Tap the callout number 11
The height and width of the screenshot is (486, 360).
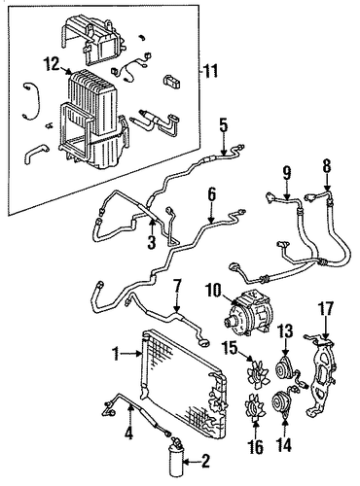[x=210, y=71]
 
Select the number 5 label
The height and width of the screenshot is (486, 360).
[x=224, y=126]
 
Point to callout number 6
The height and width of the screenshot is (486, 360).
[x=211, y=195]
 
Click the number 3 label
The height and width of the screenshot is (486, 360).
[x=152, y=242]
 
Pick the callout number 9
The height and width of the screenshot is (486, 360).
[x=286, y=174]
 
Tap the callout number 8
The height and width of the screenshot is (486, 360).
[x=327, y=166]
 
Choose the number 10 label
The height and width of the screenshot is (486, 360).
[x=213, y=290]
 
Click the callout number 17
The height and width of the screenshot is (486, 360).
[x=326, y=309]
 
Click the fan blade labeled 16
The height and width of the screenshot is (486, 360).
[x=256, y=406]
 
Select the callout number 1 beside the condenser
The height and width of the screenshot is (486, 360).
[x=117, y=354]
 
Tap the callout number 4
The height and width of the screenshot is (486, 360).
[x=129, y=434]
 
